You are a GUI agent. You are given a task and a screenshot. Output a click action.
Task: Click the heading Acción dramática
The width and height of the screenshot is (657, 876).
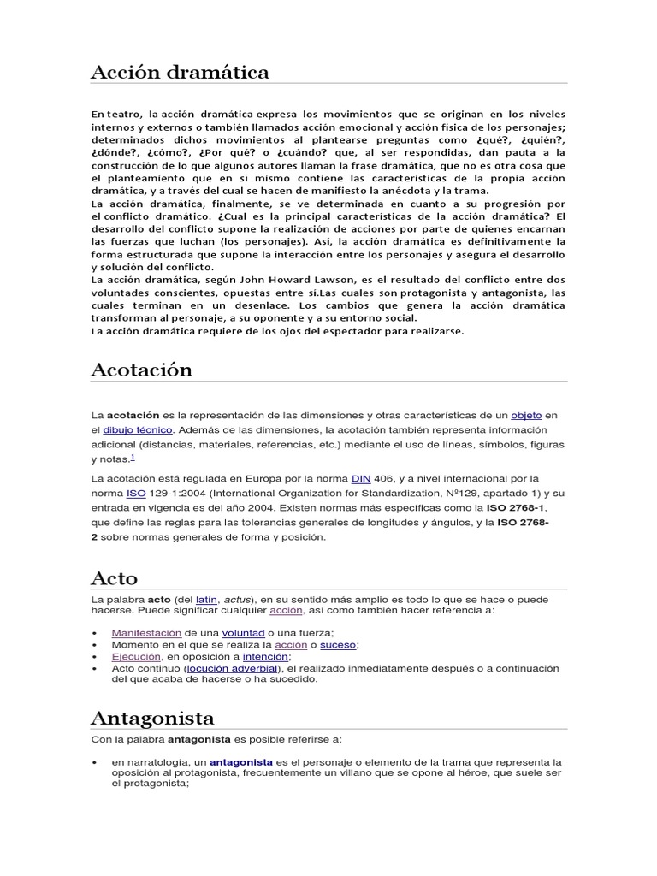click(180, 73)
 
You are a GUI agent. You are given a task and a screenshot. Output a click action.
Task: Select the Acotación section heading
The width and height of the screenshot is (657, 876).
click(141, 370)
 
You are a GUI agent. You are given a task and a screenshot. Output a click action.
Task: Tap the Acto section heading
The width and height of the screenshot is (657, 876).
click(114, 578)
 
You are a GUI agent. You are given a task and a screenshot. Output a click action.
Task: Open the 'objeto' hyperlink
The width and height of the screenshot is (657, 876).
click(526, 414)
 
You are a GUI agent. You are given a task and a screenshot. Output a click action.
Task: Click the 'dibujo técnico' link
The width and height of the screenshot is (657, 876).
click(138, 429)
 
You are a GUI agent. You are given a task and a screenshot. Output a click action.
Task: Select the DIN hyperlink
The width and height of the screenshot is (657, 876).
click(360, 478)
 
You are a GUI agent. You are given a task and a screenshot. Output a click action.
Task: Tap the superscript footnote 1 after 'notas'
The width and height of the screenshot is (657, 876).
click(132, 458)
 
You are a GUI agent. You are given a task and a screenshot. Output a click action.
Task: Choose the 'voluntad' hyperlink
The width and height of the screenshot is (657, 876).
click(243, 632)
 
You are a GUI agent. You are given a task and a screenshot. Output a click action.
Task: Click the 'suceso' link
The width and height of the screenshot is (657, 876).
click(338, 644)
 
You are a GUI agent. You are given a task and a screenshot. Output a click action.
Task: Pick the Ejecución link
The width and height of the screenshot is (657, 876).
click(136, 656)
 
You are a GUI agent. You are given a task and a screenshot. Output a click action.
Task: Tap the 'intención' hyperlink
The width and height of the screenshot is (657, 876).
click(265, 656)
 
